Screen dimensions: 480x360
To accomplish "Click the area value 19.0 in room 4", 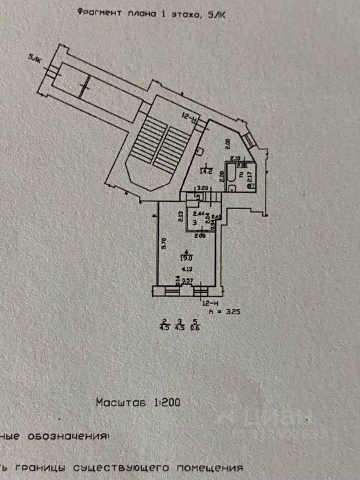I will point(186,258).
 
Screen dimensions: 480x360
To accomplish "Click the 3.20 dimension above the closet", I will point(202,188).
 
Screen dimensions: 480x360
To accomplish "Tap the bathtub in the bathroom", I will point(231,174).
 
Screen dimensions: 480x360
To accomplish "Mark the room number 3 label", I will point(187,223).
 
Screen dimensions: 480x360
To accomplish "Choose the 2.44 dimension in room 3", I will point(192,213).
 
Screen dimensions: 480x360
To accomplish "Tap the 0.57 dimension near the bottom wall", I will point(188,281).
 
